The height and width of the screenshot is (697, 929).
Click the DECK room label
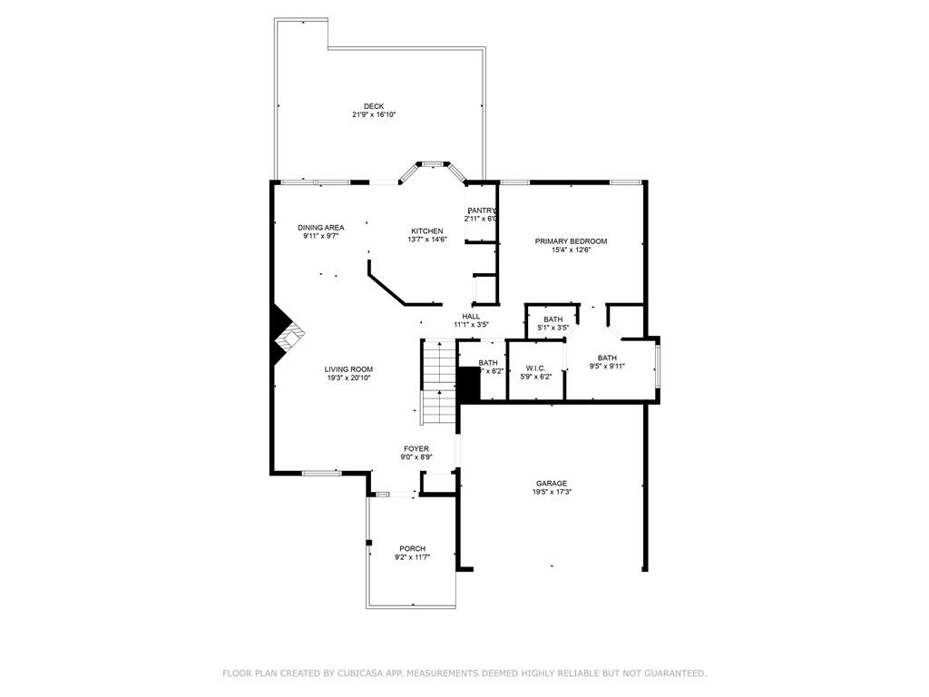coord(374,106)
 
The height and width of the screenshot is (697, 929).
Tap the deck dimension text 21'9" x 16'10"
coord(374,115)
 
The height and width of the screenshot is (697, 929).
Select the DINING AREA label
coord(320,227)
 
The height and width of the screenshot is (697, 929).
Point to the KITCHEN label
coord(426,231)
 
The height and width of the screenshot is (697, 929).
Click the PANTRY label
coord(482,211)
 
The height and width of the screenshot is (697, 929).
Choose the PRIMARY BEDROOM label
coord(571,241)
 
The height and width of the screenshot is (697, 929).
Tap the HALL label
coord(471,316)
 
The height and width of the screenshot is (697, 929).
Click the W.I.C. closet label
coord(535,368)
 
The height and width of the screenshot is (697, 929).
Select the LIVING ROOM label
coord(349,369)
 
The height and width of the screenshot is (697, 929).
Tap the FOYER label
coord(416,448)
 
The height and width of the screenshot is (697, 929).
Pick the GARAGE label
coord(552,484)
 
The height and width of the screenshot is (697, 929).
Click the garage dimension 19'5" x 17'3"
coord(552,492)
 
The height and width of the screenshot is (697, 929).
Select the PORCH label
coord(412,548)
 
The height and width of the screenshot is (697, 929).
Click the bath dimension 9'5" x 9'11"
coord(607,367)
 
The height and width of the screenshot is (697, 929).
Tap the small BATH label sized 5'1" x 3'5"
coord(553,319)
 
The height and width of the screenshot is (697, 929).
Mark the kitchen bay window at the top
coord(433,164)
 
